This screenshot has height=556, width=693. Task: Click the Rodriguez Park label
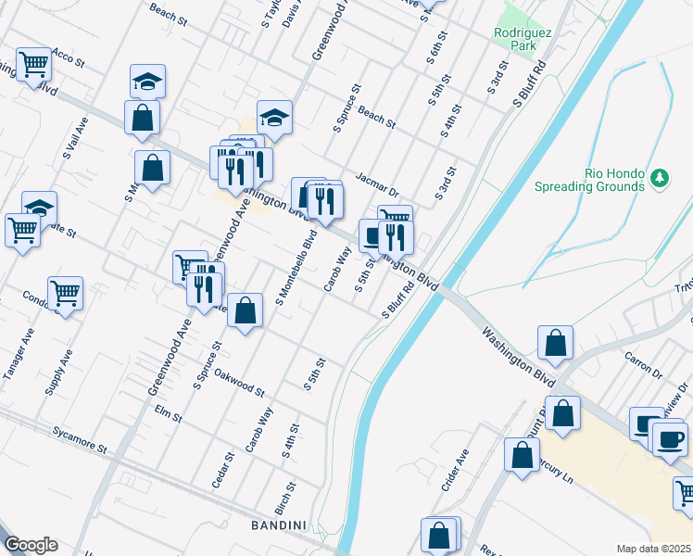(523, 38)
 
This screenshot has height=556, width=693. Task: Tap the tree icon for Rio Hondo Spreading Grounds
(660, 176)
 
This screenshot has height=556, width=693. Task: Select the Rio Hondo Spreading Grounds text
(589, 179)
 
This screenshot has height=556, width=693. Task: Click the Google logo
(31, 545)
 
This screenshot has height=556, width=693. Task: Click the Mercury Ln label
(553, 463)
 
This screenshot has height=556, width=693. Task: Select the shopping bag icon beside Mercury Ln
(522, 455)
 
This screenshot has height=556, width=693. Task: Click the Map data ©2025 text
(654, 549)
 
